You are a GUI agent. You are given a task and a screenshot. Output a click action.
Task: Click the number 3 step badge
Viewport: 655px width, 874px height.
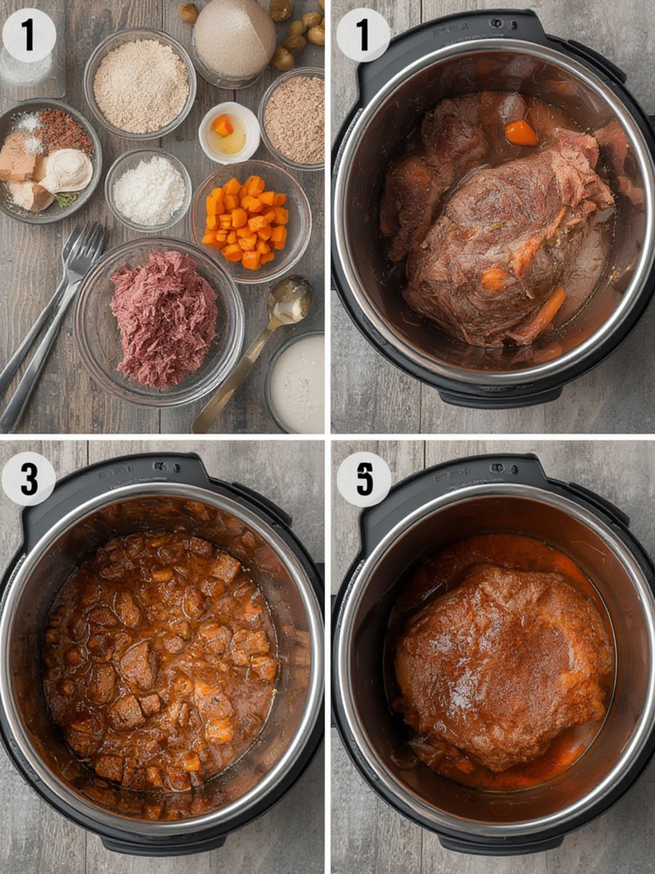pos(28,478)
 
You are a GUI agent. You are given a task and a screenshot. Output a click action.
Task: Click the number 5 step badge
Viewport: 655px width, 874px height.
pos(364,478)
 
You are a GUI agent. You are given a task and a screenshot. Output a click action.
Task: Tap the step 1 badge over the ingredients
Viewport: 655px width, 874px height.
pos(28,35)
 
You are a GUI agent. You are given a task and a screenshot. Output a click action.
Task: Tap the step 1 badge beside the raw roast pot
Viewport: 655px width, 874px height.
pos(363,35)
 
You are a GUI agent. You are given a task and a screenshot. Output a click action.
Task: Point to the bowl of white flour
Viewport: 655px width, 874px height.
pos(148,190)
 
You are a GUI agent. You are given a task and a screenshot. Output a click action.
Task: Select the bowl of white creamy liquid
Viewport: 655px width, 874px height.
pos(298,383)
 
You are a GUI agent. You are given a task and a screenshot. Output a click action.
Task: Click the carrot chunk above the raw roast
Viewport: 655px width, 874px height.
pos(521,133)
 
